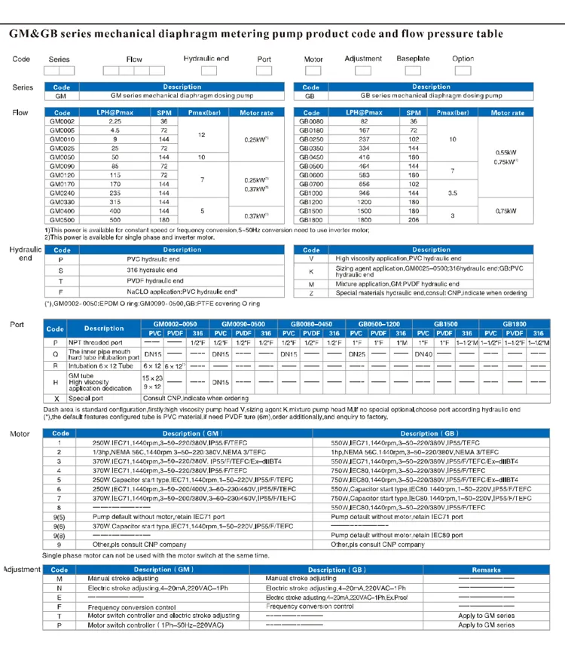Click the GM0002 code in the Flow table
coord(62,121)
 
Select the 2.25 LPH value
coord(115,121)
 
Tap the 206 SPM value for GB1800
coord(412,219)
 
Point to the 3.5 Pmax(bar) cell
coord(453,192)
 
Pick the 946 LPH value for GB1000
coord(364,192)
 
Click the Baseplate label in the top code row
coord(413,58)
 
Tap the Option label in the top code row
coord(463,58)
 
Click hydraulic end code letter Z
coord(311,292)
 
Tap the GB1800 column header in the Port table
coord(515,322)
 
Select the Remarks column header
coord(485,570)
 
